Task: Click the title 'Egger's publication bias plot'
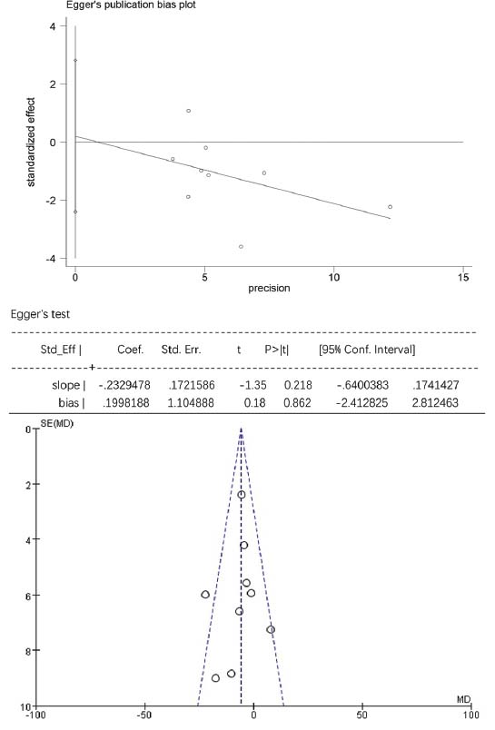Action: (131, 5)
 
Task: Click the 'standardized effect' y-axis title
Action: (31, 142)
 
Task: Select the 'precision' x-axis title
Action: (269, 288)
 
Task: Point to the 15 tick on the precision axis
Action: (463, 278)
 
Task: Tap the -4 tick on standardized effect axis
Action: (50, 259)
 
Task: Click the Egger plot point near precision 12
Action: (391, 207)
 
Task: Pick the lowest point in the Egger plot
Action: (241, 247)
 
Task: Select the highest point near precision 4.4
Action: (188, 111)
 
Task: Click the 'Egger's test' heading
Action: (40, 314)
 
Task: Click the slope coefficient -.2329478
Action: (124, 385)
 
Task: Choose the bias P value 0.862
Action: (297, 402)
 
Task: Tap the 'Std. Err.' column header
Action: (181, 350)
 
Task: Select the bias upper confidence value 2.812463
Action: (435, 402)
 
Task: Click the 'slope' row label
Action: (65, 385)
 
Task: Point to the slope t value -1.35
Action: (252, 385)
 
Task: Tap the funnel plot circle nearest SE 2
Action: (242, 495)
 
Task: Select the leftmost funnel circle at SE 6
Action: (205, 595)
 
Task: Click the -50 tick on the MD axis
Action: (144, 715)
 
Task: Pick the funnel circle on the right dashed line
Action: (271, 629)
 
